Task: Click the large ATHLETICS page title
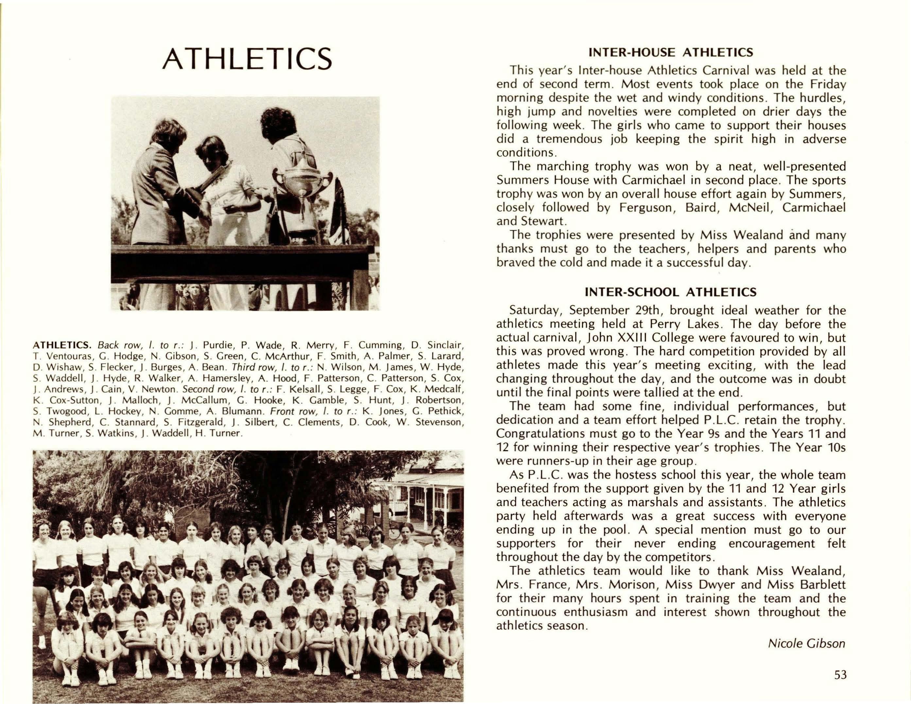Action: [247, 59]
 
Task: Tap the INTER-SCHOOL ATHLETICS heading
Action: [670, 292]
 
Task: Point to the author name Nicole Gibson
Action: [806, 643]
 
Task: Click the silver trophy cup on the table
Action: [301, 184]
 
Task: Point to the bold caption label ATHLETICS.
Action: [62, 345]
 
